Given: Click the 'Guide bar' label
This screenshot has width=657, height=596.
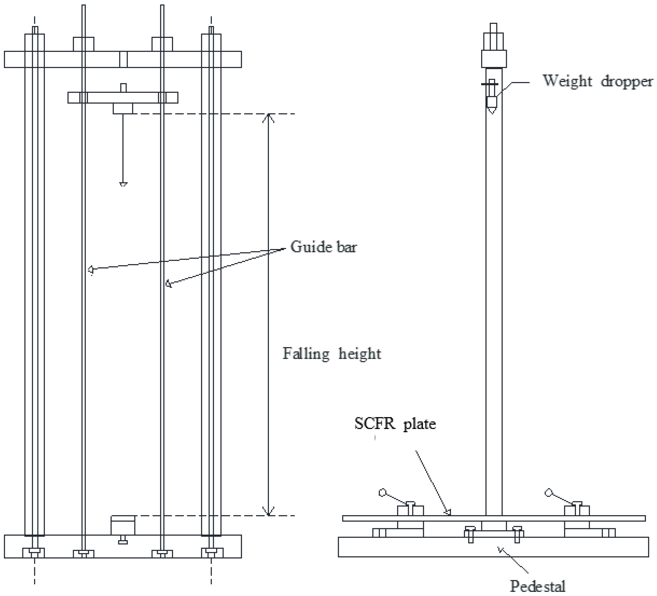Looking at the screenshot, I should tap(323, 247).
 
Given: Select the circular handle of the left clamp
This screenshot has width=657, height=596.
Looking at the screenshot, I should tap(382, 493).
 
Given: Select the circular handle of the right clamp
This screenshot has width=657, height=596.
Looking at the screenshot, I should tap(549, 493).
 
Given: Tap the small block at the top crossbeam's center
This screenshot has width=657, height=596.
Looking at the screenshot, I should tap(123, 59).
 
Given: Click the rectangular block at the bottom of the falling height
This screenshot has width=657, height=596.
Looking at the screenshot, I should tap(123, 525).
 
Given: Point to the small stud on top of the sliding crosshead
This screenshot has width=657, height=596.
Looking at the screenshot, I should tap(123, 88).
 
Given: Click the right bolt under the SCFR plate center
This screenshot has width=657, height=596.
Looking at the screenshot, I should tap(517, 535).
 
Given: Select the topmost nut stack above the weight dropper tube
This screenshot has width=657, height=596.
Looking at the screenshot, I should tap(494, 37).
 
